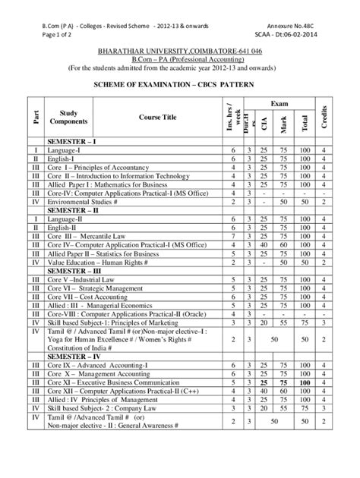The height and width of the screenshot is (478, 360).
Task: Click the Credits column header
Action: [324, 116]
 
